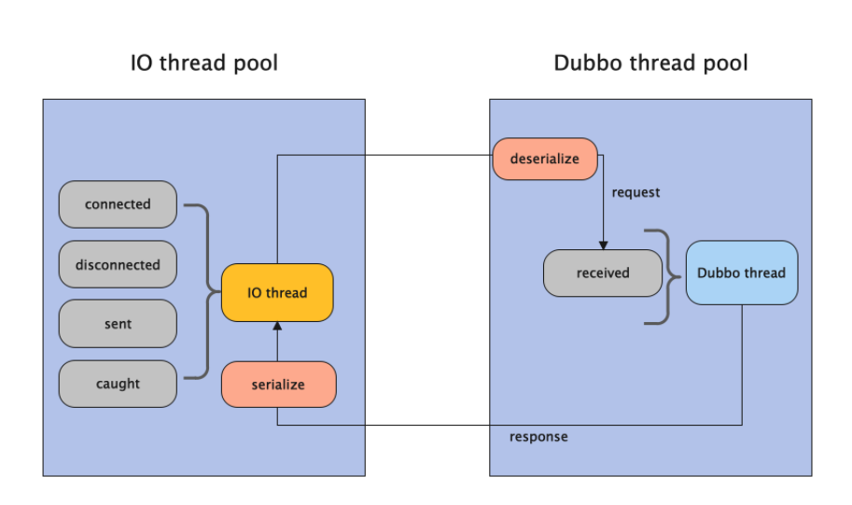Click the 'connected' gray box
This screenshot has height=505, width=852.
(118, 204)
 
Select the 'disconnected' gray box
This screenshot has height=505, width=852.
(118, 264)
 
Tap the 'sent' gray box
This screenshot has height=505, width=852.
(118, 324)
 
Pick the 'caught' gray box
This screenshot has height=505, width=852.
(118, 384)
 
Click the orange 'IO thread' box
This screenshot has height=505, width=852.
(277, 293)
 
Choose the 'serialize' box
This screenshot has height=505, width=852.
(278, 385)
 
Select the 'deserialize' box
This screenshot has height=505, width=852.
(545, 159)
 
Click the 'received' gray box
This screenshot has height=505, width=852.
(603, 274)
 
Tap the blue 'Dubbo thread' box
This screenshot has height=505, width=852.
(742, 274)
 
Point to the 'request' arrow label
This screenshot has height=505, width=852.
(636, 192)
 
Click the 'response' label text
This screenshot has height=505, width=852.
(538, 437)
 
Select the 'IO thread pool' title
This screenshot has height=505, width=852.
(203, 63)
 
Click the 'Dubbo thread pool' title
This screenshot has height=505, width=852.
(650, 63)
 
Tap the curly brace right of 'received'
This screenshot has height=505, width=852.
(663, 276)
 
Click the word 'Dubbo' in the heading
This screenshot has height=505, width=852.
(585, 63)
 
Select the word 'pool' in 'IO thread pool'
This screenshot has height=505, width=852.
(255, 63)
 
